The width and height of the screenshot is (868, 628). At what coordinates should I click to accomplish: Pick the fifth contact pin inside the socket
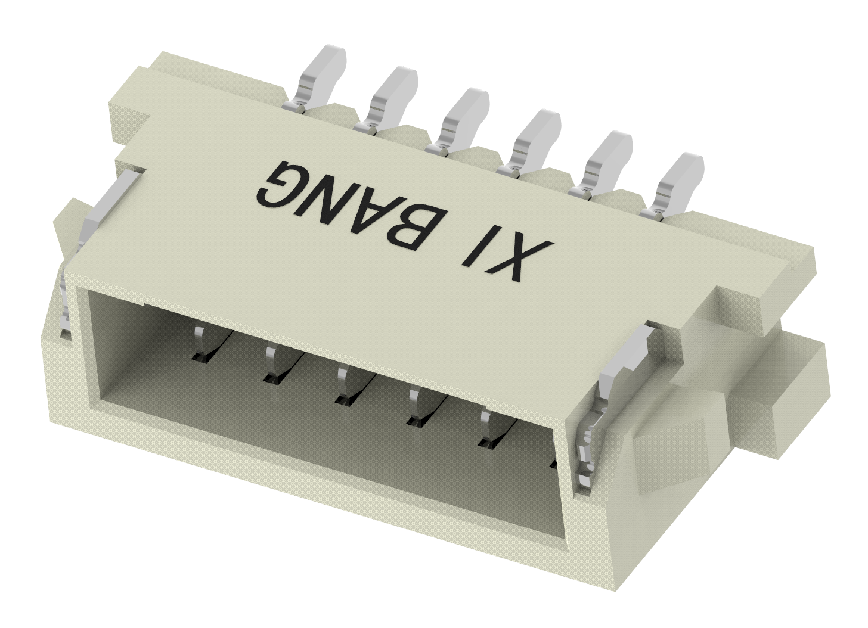pos(488,428)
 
